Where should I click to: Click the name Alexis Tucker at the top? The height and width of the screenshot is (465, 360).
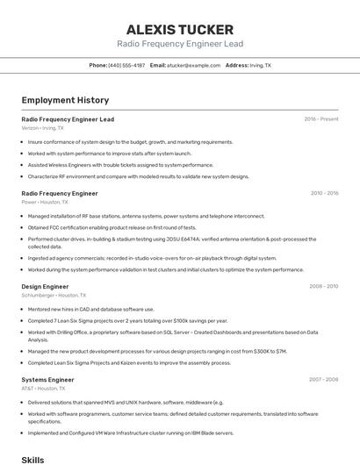click(180, 30)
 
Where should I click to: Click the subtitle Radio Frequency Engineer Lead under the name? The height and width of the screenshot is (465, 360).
click(180, 44)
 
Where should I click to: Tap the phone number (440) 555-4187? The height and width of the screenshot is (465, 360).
click(126, 65)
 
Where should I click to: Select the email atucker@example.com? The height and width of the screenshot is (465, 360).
click(194, 65)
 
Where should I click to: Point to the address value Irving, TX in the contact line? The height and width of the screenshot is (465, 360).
click(261, 65)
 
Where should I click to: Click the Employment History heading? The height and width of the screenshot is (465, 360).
click(65, 100)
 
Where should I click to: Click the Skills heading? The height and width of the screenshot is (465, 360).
click(32, 459)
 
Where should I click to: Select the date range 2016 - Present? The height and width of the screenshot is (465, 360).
click(320, 118)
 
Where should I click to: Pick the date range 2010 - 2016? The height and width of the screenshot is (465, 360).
click(324, 193)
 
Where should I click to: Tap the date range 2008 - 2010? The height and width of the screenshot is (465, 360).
click(324, 286)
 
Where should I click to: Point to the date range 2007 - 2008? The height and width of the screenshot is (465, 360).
click(324, 379)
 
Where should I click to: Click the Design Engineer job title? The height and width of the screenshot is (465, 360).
click(45, 286)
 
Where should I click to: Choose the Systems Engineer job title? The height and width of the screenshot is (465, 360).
click(47, 379)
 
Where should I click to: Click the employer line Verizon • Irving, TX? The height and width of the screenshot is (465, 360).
click(42, 127)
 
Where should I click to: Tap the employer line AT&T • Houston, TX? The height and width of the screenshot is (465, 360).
click(44, 388)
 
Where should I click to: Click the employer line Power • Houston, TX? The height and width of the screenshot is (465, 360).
click(43, 202)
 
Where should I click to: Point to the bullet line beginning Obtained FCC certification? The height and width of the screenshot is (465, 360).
click(112, 227)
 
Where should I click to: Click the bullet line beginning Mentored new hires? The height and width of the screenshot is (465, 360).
click(90, 309)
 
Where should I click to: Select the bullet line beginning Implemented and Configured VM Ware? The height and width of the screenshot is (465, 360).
click(131, 433)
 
